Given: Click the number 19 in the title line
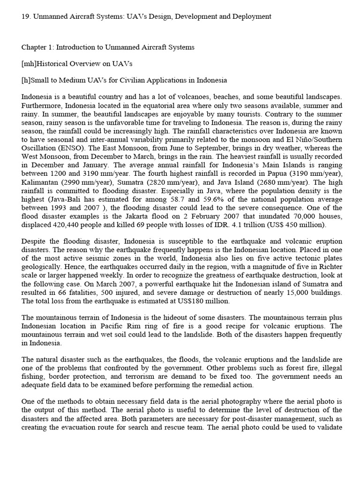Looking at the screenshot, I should pyautogui.click(x=25, y=16).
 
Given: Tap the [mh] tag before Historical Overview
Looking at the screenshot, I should pyautogui.click(x=30, y=64).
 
